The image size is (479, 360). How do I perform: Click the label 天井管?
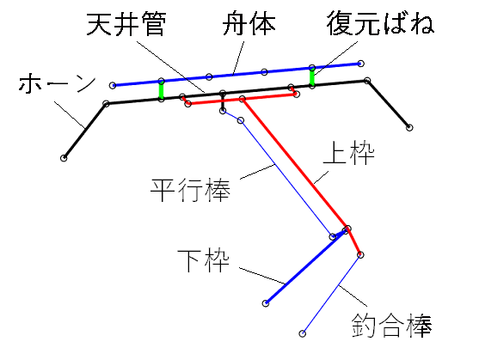coord(126,24)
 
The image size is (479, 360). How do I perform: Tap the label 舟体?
coord(249,24)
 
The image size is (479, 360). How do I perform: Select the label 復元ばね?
coord(380,23)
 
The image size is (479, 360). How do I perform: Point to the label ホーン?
coord(57,83)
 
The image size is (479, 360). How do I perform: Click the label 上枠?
coord(348,153)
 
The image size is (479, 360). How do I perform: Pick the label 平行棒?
coord(190,190)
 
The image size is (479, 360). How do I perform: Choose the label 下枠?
coord(203,261)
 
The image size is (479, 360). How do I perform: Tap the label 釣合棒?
coord(391,326)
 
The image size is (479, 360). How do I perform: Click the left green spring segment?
coord(161,90)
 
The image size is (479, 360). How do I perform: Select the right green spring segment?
coord(312,77)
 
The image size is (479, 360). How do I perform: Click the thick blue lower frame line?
coord(306,266)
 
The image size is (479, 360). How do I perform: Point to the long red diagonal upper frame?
coord(294,164)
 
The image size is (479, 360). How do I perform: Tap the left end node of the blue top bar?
coord(113,85)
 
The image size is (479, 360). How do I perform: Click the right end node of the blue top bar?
coord(361,64)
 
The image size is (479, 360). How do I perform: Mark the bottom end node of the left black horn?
coord(64,158)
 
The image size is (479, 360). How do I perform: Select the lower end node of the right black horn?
coord(409,127)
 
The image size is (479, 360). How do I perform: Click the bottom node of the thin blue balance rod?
coord(302,333)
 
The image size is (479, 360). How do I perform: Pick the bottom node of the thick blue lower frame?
coord(266,303)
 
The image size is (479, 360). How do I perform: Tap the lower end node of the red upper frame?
coord(360,254)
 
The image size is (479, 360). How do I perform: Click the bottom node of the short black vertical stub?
coord(223,111)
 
